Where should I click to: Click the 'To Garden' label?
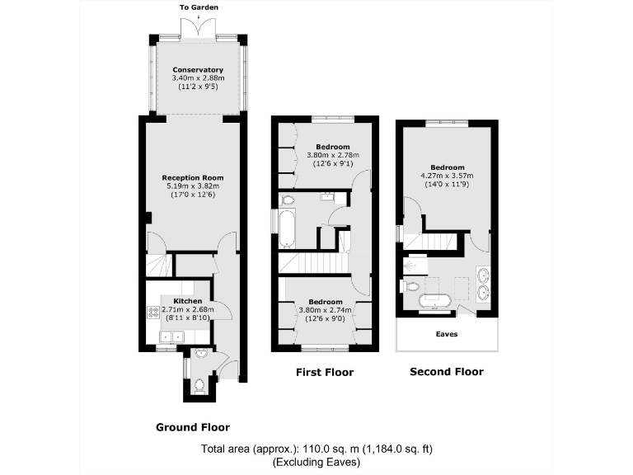click(x=198, y=7)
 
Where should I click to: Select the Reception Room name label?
click(x=193, y=178)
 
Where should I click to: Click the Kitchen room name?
click(x=187, y=301)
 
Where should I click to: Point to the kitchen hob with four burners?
click(x=152, y=313)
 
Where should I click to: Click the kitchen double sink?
click(x=171, y=336)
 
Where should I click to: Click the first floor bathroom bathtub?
click(x=286, y=228)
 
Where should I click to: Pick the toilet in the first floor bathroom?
click(x=288, y=199)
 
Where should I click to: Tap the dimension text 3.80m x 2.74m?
click(x=328, y=310)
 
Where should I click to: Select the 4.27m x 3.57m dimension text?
click(x=447, y=175)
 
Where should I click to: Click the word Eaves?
click(x=447, y=334)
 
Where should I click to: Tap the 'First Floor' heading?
click(x=325, y=373)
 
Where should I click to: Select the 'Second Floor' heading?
click(x=447, y=372)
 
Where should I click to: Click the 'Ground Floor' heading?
click(x=193, y=427)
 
